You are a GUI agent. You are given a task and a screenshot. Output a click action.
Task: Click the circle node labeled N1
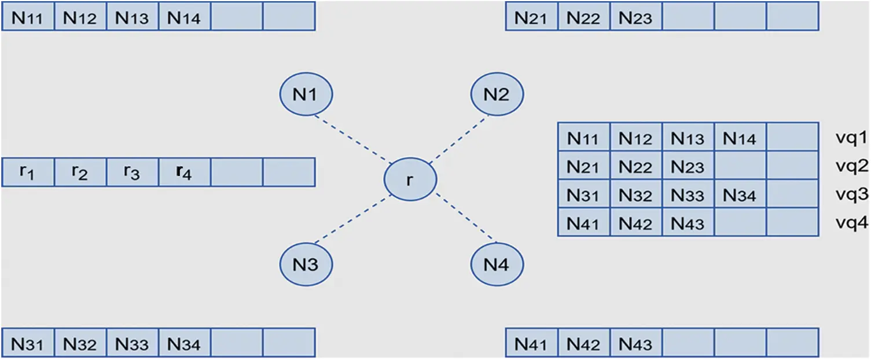pos(306,94)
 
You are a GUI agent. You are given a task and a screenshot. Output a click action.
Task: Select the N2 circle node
pos(497,94)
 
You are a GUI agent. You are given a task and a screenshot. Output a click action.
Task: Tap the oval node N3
pos(306,265)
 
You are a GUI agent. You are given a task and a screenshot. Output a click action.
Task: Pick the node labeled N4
pos(497,265)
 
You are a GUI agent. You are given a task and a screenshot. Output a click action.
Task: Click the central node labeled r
pos(410,180)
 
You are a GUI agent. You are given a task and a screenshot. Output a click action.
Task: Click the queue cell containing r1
pos(28,172)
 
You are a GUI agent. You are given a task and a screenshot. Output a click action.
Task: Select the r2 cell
pos(80,172)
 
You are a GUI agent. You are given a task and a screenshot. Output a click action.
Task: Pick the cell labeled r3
pos(132,172)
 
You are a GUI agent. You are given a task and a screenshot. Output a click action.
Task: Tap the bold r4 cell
pos(184,172)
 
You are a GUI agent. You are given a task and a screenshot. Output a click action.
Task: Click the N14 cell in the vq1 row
pos(740,138)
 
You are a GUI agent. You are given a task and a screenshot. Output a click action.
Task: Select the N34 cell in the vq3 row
pos(740,195)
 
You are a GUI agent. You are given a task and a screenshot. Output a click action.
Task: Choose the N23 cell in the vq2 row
pos(688,167)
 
